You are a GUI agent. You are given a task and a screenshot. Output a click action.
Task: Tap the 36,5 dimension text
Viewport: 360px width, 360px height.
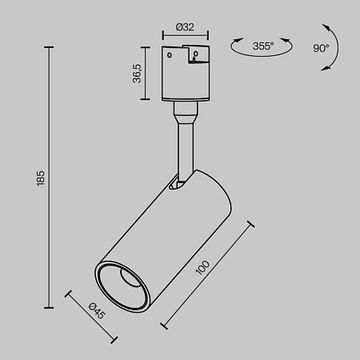tap(138, 74)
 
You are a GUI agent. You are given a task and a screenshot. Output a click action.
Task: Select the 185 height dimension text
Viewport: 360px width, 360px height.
tap(40, 178)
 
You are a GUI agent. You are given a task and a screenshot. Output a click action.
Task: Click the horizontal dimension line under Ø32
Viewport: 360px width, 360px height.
tap(186, 37)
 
